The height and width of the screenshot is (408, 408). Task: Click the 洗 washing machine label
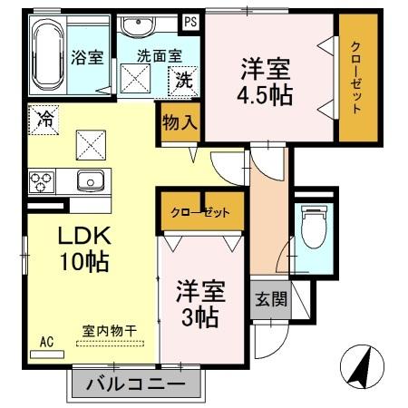[184, 79]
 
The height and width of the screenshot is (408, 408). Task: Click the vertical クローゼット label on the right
[355, 77]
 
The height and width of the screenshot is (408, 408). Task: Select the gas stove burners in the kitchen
[43, 180]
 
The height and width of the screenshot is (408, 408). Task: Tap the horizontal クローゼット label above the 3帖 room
[200, 212]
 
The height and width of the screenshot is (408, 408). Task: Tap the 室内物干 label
[108, 332]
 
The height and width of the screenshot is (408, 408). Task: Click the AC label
[47, 343]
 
